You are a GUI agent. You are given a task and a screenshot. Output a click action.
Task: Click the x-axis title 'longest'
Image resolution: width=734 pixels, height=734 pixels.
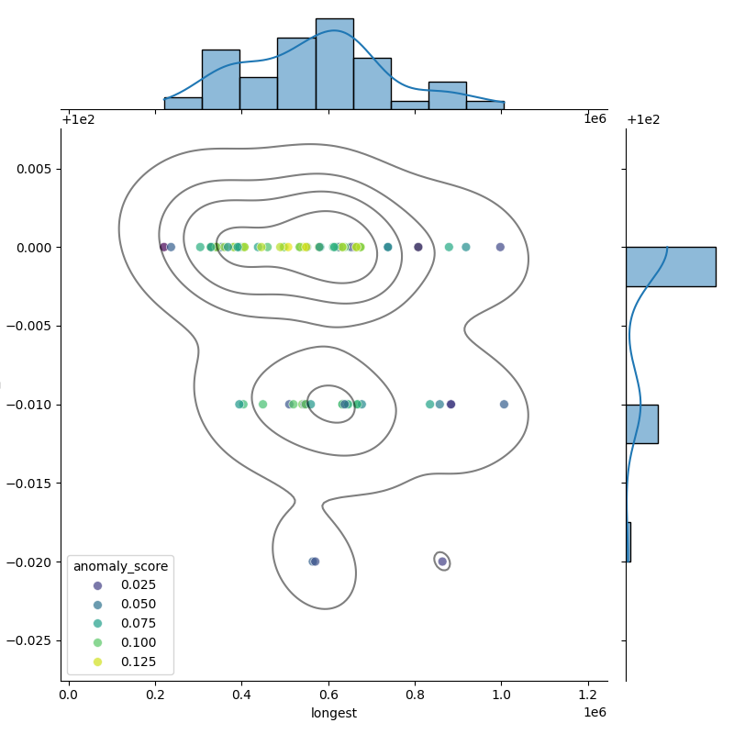click(334, 713)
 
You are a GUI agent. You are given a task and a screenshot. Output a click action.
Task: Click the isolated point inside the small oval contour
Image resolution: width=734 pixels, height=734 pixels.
click(442, 562)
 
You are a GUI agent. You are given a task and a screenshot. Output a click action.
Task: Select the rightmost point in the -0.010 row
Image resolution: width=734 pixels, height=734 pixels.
click(504, 404)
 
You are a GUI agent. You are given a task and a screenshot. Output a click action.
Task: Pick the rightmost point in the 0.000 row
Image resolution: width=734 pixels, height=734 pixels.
click(500, 247)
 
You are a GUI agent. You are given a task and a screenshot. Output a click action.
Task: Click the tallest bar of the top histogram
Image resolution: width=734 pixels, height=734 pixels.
click(334, 64)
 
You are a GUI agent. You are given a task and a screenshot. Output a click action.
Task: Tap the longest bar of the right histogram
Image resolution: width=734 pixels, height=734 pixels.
click(670, 266)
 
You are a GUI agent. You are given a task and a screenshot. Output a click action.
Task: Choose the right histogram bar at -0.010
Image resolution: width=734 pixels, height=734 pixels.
click(641, 424)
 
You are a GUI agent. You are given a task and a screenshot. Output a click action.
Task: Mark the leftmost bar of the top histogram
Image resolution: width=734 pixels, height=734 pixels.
click(183, 103)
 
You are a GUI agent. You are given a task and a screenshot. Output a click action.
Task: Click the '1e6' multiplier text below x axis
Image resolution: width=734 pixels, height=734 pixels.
click(595, 713)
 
